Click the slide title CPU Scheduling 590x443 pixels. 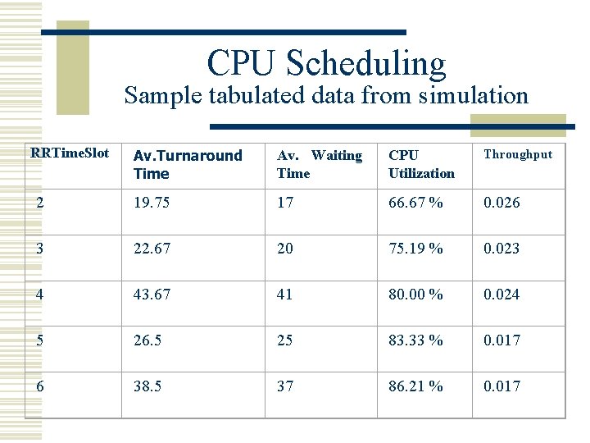(326, 64)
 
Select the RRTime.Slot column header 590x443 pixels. (69, 153)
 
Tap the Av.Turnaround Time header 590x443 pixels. (188, 164)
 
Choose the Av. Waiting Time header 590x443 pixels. (320, 164)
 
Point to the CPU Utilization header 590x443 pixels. (421, 164)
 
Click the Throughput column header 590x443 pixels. (518, 154)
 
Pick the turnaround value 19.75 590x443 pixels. (152, 203)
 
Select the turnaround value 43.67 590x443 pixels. (152, 295)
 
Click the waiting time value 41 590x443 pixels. (285, 295)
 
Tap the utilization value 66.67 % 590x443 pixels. (415, 203)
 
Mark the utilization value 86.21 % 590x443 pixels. (415, 386)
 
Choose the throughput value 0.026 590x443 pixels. (501, 203)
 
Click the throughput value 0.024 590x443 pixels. (501, 295)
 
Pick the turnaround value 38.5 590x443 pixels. (148, 386)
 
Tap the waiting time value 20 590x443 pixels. (285, 249)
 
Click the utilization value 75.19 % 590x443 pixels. (415, 249)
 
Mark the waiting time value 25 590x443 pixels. (285, 340)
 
